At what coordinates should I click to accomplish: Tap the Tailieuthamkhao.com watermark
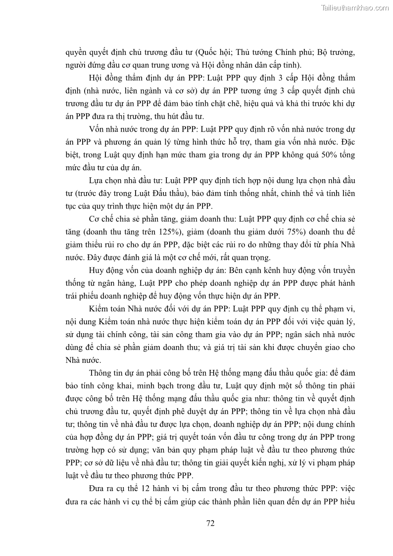click(355, 7)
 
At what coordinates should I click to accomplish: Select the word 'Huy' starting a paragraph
click(97, 270)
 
